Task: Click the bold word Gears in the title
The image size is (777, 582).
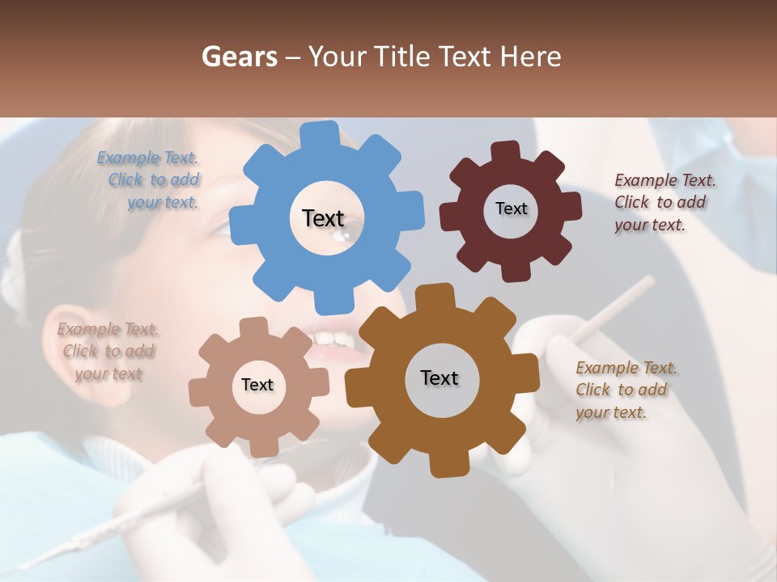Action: (239, 57)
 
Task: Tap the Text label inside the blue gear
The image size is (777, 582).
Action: (323, 218)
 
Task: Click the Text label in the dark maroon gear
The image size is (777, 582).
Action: (511, 209)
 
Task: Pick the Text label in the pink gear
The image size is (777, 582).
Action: (257, 386)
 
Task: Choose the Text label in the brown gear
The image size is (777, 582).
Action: (439, 378)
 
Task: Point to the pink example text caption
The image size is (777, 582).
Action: (108, 351)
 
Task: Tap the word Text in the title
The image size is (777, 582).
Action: (465, 57)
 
